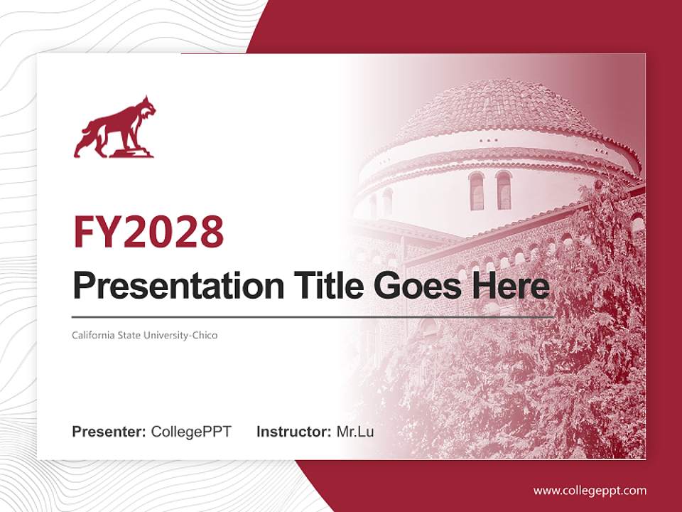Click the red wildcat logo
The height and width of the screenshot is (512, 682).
point(115,128)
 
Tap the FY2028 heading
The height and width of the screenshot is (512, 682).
point(148,232)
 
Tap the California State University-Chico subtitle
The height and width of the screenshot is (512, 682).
point(144,334)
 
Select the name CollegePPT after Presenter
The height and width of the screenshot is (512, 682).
point(191,432)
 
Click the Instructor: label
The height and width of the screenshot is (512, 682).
point(293,432)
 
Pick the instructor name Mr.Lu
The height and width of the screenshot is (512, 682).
point(355,432)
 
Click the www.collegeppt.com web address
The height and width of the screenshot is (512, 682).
point(590,490)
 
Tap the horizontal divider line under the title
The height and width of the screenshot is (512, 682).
point(313,316)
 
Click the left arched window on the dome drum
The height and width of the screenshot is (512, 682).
point(476,191)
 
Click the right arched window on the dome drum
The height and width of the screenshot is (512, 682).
point(504,190)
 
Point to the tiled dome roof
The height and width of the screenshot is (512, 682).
point(497,107)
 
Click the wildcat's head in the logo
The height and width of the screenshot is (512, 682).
point(146,108)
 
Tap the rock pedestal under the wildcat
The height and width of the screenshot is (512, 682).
point(133,151)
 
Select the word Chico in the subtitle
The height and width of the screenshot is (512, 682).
point(205,334)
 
